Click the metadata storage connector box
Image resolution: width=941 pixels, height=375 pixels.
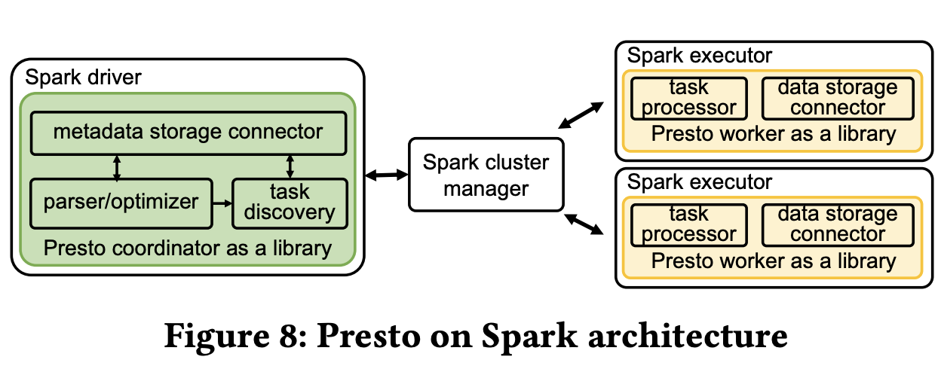click(188, 133)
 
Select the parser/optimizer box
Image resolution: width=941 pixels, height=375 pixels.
click(120, 202)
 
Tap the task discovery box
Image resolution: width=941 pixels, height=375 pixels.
click(290, 202)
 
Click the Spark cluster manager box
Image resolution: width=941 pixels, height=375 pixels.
click(486, 174)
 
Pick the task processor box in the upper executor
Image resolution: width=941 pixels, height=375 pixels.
click(688, 98)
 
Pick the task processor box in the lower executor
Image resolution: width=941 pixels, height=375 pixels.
click(688, 224)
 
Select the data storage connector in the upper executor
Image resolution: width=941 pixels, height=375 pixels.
click(837, 98)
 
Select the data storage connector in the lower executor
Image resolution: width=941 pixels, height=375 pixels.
click(837, 224)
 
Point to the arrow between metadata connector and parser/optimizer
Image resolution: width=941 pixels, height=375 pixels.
click(116, 167)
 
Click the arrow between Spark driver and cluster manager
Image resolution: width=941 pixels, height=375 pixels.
click(385, 175)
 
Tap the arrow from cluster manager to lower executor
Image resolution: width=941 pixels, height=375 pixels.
click(583, 224)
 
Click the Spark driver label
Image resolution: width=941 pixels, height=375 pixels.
click(83, 77)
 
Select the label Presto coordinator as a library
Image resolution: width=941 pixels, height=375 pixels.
click(187, 248)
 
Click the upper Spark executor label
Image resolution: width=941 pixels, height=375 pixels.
click(700, 56)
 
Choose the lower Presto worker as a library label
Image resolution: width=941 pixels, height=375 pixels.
click(774, 261)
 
